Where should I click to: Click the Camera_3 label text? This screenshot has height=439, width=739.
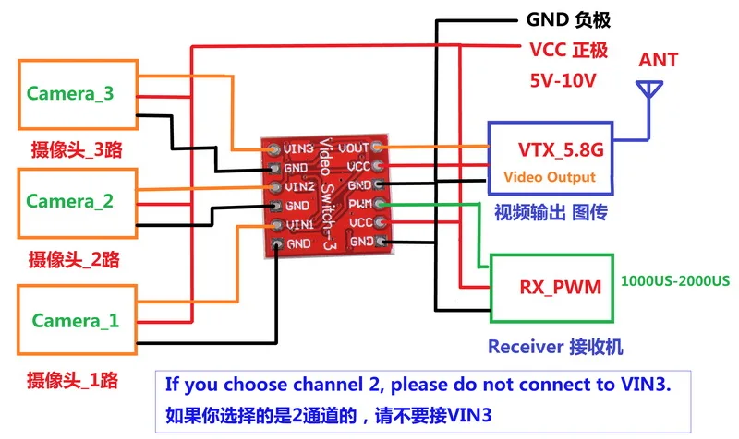(70, 94)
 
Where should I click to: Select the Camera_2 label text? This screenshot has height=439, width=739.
(69, 201)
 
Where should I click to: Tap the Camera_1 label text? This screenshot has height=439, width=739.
(76, 321)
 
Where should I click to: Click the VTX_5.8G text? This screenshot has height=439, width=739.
(561, 149)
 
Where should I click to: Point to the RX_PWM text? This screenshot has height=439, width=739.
(561, 287)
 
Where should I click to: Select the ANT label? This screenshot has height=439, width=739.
(658, 60)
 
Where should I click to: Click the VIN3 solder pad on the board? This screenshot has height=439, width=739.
(273, 149)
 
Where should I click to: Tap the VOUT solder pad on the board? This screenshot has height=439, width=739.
(377, 148)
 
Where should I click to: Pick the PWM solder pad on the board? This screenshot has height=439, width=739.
(380, 204)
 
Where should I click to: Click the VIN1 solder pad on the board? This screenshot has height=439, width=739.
(278, 225)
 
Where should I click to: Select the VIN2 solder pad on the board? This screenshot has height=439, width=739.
(275, 187)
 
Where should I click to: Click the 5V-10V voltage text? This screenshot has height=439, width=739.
(563, 80)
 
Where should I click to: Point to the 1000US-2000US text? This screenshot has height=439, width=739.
(675, 281)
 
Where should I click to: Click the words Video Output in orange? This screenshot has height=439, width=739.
(550, 177)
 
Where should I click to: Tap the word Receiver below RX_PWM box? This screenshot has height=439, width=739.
(526, 347)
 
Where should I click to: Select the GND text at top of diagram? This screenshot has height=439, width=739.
(547, 19)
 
